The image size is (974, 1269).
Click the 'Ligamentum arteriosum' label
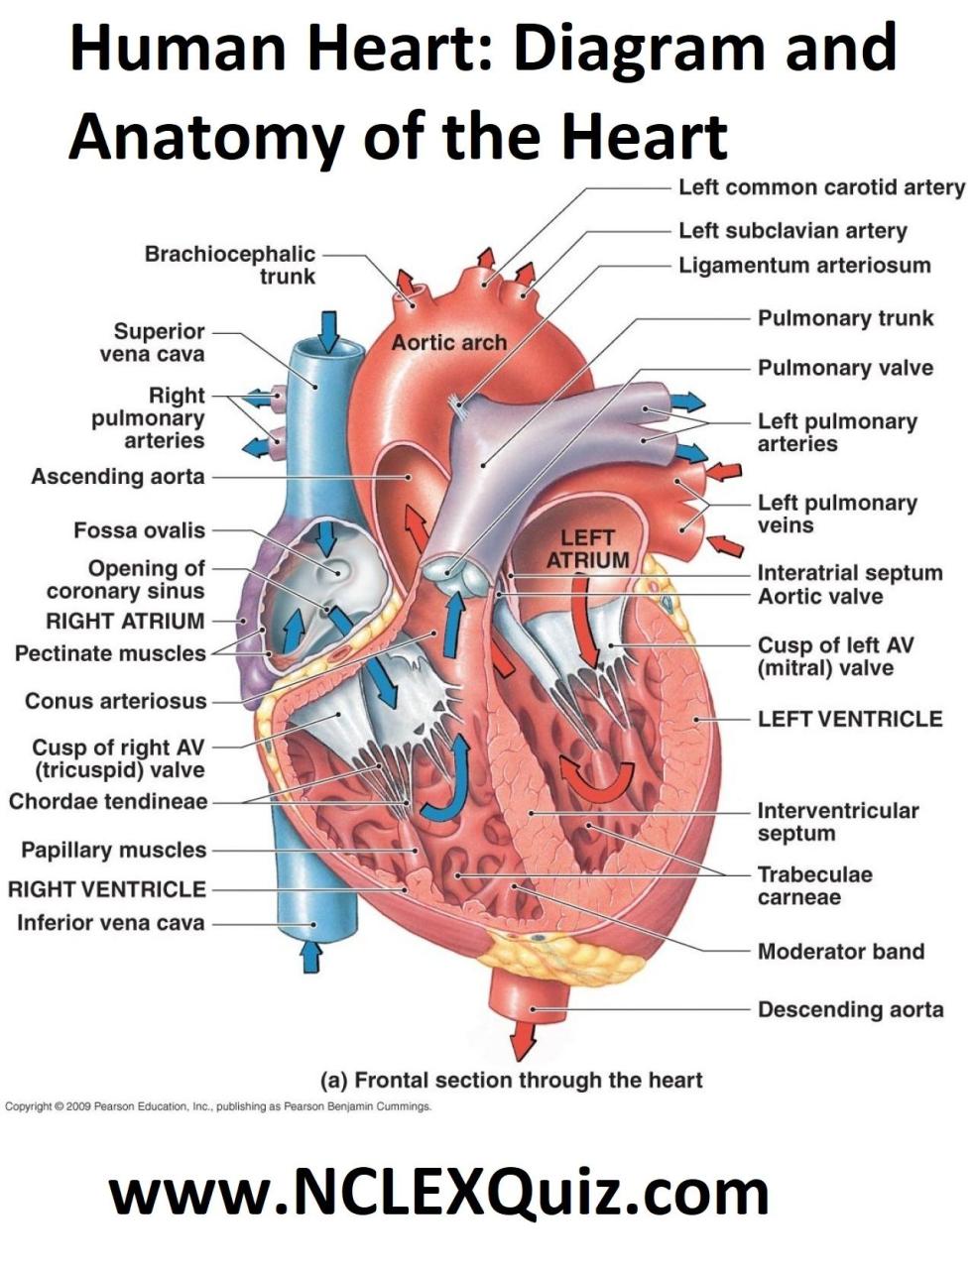click(x=804, y=266)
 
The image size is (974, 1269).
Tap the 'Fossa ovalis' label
click(x=139, y=530)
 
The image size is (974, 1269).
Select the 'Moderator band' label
click(x=841, y=952)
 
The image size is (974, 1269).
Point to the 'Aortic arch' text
click(x=448, y=343)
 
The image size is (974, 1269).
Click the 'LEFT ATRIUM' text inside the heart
click(x=587, y=548)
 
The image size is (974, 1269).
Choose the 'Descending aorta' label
click(x=851, y=1009)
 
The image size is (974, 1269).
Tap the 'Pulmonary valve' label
click(x=845, y=368)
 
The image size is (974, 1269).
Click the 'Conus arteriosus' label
click(x=116, y=701)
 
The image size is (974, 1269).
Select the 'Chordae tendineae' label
click(x=108, y=801)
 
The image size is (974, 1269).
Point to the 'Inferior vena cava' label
click(x=111, y=923)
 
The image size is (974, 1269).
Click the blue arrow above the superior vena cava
click(x=330, y=332)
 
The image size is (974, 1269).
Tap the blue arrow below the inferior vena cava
click(x=312, y=957)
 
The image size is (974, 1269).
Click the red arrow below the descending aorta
click(x=523, y=1041)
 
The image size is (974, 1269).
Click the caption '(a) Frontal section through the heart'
click(x=511, y=1081)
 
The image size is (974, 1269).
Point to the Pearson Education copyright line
click(x=218, y=1106)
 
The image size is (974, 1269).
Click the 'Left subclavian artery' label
click(x=792, y=231)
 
